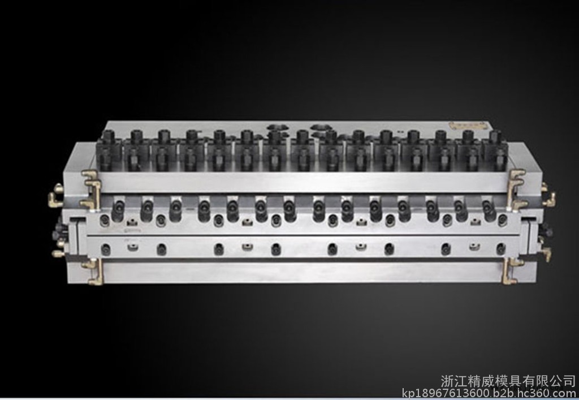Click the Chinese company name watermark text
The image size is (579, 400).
(508, 381)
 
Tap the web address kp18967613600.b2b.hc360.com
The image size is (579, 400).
(489, 393)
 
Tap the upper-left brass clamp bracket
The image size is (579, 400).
(91, 189)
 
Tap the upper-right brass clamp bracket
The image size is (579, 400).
(516, 188)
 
